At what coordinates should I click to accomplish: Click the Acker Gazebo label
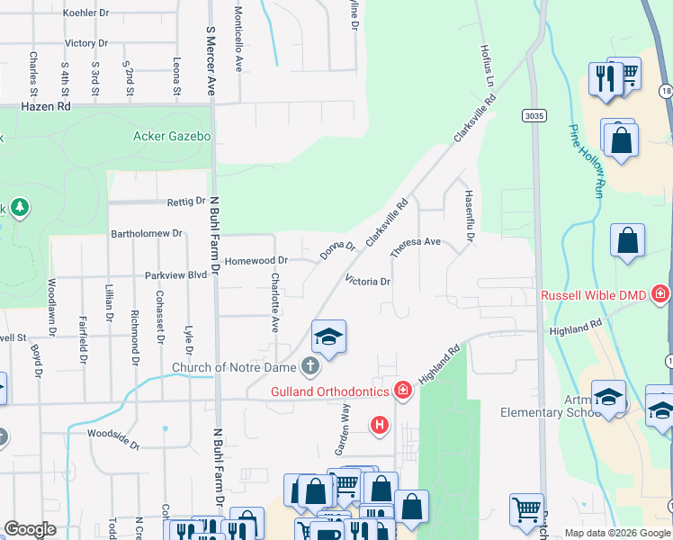tap(171, 137)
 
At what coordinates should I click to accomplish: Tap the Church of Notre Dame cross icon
tap(310, 366)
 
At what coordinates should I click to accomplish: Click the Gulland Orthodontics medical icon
tap(404, 391)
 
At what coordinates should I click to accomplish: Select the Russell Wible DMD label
tap(595, 295)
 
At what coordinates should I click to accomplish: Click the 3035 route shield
tap(534, 115)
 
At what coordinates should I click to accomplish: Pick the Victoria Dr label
tap(366, 282)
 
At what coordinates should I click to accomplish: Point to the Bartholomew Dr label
tap(147, 233)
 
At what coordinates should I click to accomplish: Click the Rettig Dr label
tap(186, 202)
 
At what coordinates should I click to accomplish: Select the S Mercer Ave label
tap(211, 61)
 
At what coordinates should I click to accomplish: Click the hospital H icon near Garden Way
tap(380, 423)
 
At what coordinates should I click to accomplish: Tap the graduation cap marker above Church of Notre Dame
tap(328, 337)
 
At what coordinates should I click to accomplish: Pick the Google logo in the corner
tap(31, 529)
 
